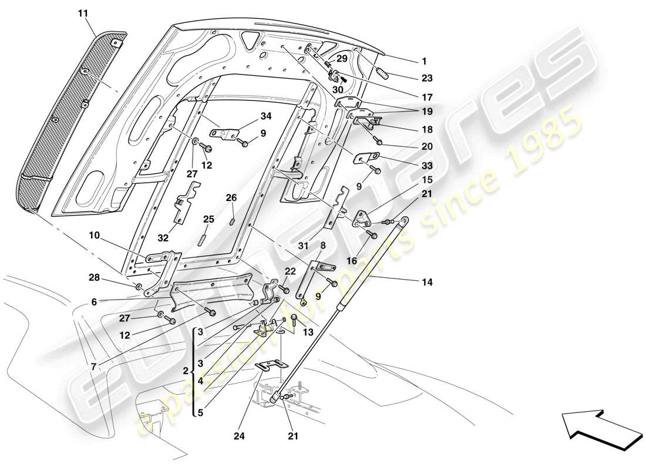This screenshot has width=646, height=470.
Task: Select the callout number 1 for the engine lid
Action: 424,61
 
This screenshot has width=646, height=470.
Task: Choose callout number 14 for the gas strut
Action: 426,282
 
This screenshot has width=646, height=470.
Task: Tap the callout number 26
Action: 231,198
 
